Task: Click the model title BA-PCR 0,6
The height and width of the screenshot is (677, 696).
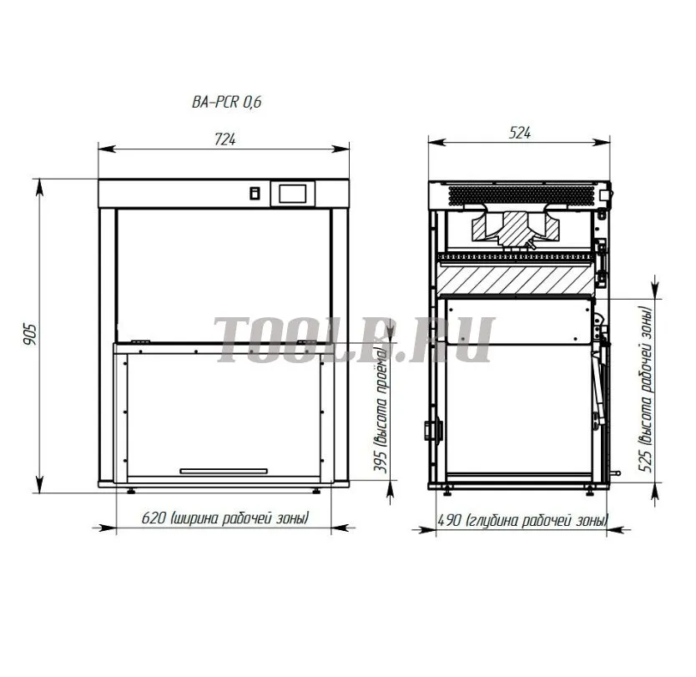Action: click(226, 102)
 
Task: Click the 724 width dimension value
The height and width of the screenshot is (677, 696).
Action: click(224, 139)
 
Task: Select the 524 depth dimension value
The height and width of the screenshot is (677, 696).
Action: click(519, 133)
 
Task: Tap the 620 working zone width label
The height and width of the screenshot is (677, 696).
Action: click(225, 518)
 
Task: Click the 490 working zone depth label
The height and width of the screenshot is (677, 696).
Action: click(523, 520)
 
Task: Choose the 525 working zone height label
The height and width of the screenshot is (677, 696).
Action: click(646, 389)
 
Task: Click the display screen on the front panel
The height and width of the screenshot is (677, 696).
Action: click(293, 194)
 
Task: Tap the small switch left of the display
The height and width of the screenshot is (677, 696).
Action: click(255, 194)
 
